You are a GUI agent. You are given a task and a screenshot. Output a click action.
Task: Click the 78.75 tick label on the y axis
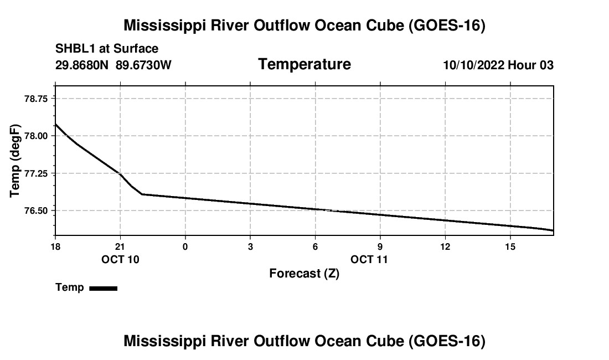pyautogui.click(x=36, y=99)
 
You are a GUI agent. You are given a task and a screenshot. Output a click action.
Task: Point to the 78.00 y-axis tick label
pyautogui.click(x=36, y=136)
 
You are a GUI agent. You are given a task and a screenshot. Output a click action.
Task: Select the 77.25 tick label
pyautogui.click(x=36, y=173)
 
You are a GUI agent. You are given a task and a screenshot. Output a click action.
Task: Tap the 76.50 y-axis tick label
pyautogui.click(x=36, y=211)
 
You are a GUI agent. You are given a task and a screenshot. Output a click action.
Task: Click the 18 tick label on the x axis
pyautogui.click(x=55, y=246)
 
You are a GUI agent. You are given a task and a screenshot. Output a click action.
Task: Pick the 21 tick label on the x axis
pyautogui.click(x=120, y=246)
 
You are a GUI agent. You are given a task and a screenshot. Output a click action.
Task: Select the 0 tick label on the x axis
pyautogui.click(x=185, y=246)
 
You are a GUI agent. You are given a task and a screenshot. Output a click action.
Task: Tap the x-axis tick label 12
pyautogui.click(x=445, y=246)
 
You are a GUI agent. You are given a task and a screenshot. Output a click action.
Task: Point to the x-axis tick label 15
pyautogui.click(x=510, y=246)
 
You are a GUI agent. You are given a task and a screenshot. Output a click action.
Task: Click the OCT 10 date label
pyautogui.click(x=120, y=259)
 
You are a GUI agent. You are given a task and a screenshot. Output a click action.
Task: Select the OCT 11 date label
pyautogui.click(x=369, y=259)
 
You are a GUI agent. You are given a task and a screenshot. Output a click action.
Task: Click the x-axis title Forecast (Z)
pyautogui.click(x=304, y=274)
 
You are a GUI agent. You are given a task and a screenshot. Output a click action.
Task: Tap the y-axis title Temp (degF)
pyautogui.click(x=15, y=161)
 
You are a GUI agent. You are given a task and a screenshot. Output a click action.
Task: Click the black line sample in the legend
pyautogui.click(x=104, y=288)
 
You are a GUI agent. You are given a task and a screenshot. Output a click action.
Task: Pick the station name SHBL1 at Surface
pyautogui.click(x=107, y=49)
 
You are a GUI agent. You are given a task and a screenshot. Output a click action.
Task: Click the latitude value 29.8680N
pyautogui.click(x=82, y=65)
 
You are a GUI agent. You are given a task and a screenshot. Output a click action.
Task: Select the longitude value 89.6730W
pyautogui.click(x=143, y=65)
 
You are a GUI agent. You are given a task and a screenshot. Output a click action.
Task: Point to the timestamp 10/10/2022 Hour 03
pyautogui.click(x=498, y=65)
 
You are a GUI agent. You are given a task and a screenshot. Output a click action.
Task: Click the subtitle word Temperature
pyautogui.click(x=304, y=64)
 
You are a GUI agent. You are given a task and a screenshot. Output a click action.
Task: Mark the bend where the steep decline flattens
pyautogui.click(x=142, y=194)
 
